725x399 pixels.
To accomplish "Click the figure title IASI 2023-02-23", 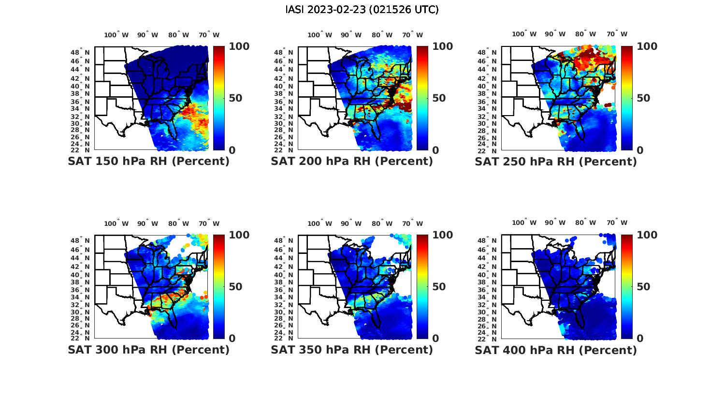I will point(362,10).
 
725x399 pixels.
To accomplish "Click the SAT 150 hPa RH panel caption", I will point(148,162).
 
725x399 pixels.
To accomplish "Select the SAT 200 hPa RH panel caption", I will point(352,162).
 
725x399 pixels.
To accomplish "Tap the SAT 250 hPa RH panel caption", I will point(555,162).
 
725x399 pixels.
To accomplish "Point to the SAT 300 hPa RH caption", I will point(148,350).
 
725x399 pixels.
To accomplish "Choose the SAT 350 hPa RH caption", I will point(352,350).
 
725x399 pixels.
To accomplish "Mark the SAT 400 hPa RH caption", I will point(555,350).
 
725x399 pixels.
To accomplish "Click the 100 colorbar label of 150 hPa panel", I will point(239,46).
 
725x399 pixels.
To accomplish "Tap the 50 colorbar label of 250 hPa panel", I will point(643,98).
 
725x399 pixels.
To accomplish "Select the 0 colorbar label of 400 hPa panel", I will point(640,338).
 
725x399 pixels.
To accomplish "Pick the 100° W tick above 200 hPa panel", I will point(319,35).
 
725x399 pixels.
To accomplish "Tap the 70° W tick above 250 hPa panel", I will point(617,34).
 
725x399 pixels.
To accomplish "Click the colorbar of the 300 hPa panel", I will point(219,286).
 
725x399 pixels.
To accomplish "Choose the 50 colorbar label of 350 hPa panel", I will point(439,287).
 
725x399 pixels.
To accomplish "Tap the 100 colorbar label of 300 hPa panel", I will point(239,235).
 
